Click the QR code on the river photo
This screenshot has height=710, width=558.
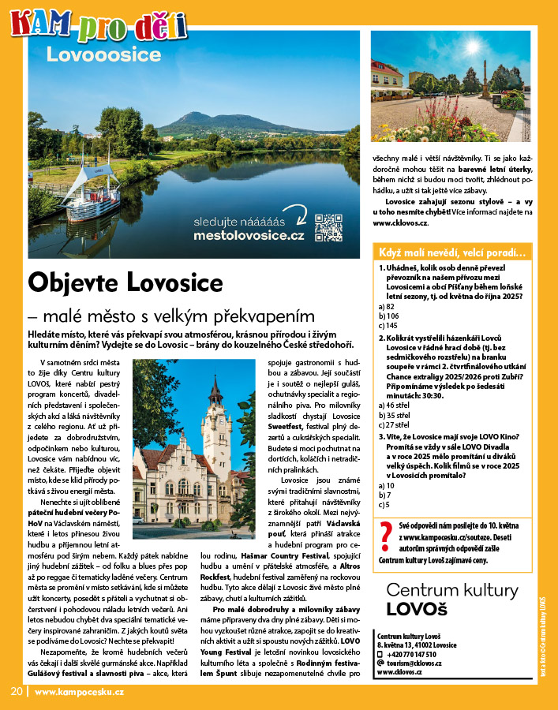328,228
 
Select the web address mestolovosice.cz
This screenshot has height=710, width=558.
249,235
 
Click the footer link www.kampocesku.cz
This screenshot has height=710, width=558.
79,692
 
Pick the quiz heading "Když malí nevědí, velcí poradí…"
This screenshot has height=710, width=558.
451,252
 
